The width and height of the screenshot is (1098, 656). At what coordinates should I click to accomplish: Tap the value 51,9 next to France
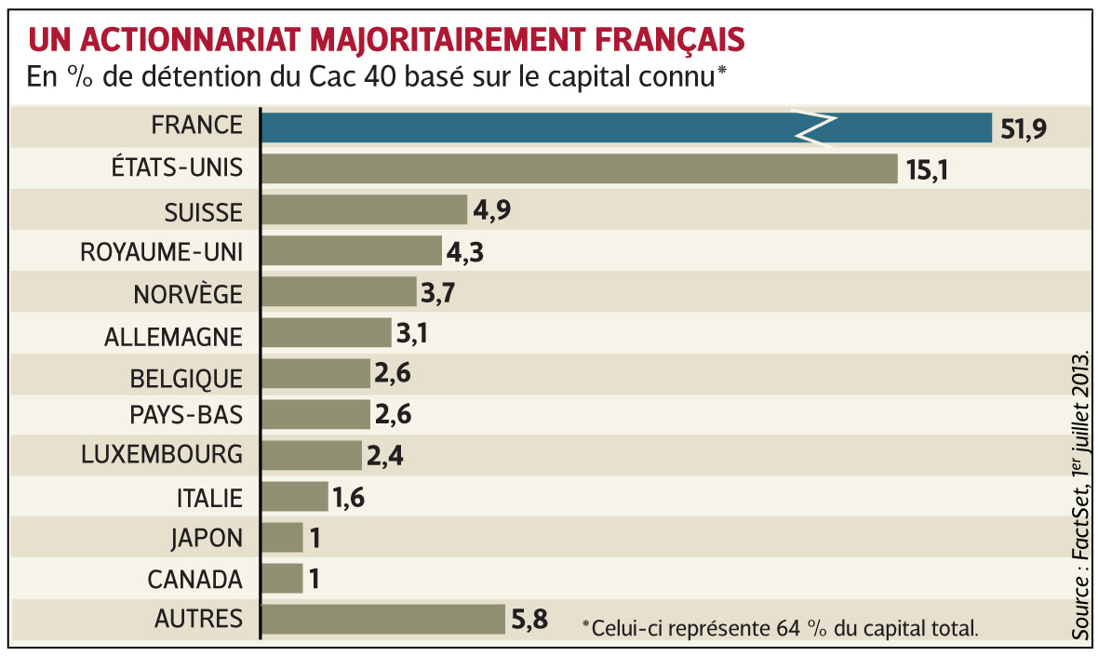click(x=1024, y=128)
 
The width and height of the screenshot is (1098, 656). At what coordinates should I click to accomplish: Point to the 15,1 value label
click(x=924, y=170)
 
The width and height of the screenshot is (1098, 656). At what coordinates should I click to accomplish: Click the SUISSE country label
click(x=202, y=212)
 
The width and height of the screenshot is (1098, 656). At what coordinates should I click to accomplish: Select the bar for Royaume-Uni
click(x=352, y=251)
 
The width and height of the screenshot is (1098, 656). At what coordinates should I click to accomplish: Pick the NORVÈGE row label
click(x=188, y=294)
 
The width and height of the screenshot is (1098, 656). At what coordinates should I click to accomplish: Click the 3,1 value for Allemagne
click(x=416, y=333)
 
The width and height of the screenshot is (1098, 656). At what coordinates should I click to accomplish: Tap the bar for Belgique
click(x=316, y=374)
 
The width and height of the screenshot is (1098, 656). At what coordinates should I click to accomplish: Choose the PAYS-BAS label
click(x=186, y=413)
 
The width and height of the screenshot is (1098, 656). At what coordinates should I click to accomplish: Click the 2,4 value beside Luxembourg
click(x=386, y=456)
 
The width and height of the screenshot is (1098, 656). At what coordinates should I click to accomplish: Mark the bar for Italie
click(x=295, y=496)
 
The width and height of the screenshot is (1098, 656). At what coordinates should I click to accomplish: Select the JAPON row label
click(x=207, y=538)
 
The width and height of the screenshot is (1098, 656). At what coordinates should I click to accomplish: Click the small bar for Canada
click(x=282, y=579)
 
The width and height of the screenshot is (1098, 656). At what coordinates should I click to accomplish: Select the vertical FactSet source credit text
click(x=1079, y=493)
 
